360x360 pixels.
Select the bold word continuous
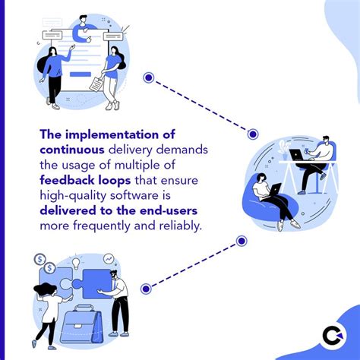click(x=72, y=150)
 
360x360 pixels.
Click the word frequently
click(x=102, y=226)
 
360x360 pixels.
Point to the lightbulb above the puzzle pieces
click(x=76, y=263)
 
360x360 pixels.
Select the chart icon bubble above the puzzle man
click(x=109, y=259)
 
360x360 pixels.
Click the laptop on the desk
click(x=297, y=155)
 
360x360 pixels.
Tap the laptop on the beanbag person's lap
click(x=275, y=189)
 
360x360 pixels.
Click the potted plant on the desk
click(x=284, y=150)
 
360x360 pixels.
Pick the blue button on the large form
click(x=81, y=74)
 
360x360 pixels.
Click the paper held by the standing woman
click(x=96, y=84)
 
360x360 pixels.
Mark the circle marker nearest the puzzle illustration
click(x=146, y=289)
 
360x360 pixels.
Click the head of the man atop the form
click(x=83, y=19)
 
